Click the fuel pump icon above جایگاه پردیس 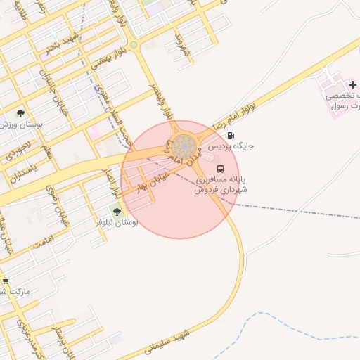click(x=231, y=135)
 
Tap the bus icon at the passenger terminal click(x=221, y=169)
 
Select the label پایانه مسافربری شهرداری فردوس click(x=223, y=185)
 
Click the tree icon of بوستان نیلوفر click(x=117, y=211)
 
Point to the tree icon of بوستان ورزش click(x=20, y=113)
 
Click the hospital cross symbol click(x=352, y=84)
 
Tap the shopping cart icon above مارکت click(x=6, y=278)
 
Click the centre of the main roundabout click(x=185, y=147)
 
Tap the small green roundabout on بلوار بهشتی click(x=134, y=46)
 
